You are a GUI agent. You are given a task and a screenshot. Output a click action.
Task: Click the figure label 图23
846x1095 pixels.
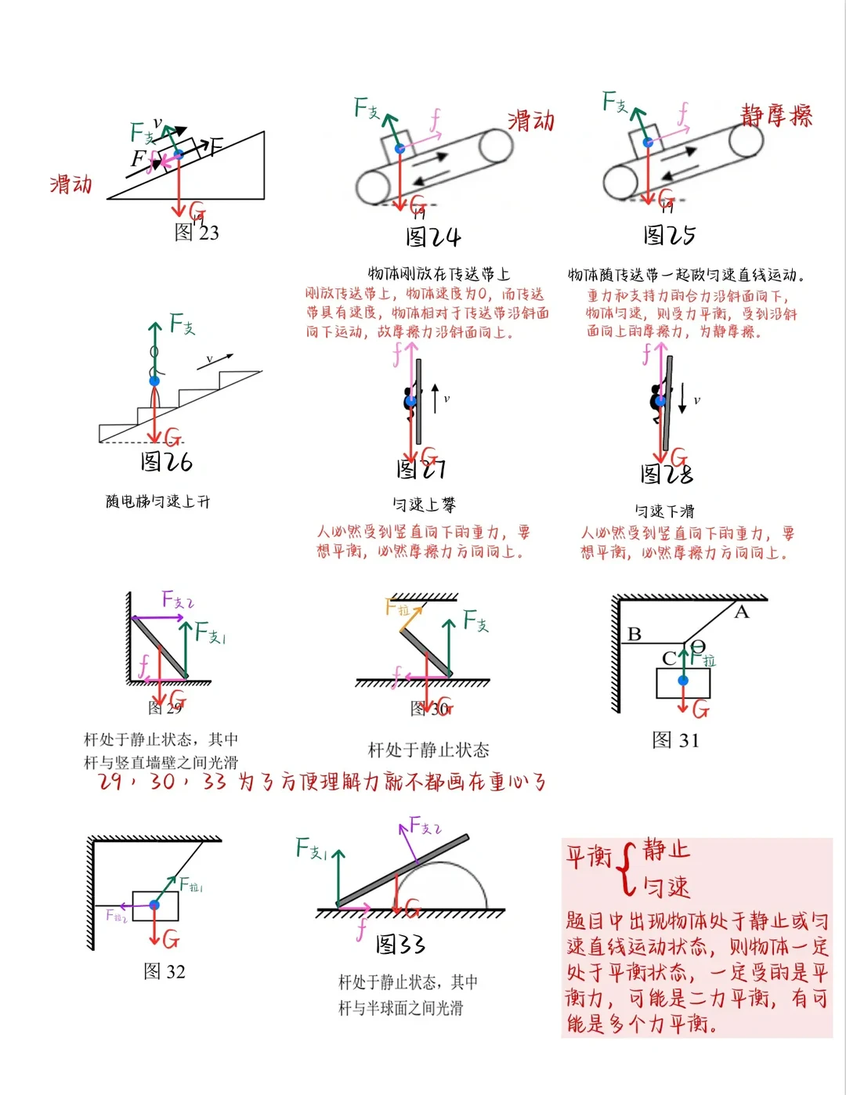tap(197, 232)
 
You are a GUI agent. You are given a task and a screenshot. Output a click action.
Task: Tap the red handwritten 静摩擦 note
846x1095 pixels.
tap(776, 116)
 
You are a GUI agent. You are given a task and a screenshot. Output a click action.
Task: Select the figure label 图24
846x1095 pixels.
tap(433, 237)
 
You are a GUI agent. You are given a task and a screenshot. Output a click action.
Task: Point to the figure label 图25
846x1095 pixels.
tap(669, 235)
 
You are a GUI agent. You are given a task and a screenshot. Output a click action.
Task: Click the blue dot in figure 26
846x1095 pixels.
tap(154, 381)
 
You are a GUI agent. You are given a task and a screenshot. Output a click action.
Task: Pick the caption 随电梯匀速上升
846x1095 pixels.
tap(157, 501)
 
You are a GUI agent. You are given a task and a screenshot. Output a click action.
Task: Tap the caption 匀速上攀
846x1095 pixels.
tap(424, 505)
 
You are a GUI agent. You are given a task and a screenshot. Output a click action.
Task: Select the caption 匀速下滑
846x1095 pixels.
tap(664, 511)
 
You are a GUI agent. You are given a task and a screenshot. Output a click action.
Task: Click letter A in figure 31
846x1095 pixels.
tap(741, 613)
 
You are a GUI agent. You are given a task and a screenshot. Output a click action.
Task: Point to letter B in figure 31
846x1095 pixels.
tap(634, 634)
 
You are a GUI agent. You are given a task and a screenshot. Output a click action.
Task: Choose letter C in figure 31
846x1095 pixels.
tap(669, 658)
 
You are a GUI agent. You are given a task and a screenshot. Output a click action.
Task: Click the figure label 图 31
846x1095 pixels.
tap(675, 740)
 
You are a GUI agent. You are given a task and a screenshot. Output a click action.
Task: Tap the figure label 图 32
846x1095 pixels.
tap(164, 971)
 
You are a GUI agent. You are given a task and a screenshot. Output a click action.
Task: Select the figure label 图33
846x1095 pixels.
tap(399, 944)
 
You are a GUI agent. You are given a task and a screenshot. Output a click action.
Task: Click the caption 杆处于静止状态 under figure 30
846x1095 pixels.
tap(428, 750)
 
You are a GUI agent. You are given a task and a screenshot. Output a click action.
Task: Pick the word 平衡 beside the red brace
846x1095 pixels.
tap(588, 856)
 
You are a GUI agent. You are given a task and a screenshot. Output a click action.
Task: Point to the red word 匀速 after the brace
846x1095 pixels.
tap(667, 887)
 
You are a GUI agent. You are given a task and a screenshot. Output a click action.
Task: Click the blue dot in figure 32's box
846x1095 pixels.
tap(154, 905)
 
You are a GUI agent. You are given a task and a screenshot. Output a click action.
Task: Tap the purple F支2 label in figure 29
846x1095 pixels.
tap(178, 600)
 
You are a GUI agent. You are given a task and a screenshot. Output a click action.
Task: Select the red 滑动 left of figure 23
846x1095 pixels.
tap(71, 185)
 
